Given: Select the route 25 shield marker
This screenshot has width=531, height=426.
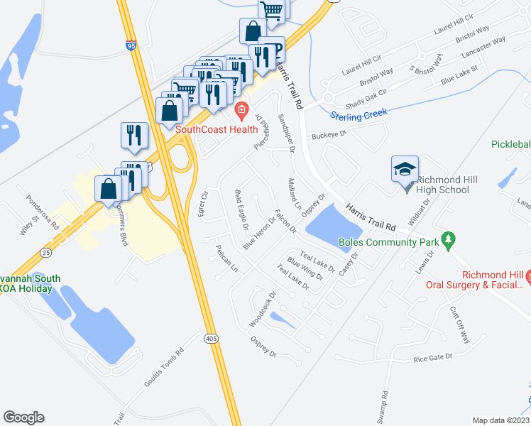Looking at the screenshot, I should [46, 252].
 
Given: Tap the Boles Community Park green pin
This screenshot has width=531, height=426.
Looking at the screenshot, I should [447, 240].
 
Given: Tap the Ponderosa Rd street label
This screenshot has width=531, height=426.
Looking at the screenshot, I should [43, 212].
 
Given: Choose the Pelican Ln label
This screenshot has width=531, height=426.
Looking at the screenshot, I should [225, 259].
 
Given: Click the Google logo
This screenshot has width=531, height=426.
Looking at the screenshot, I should [23, 417].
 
